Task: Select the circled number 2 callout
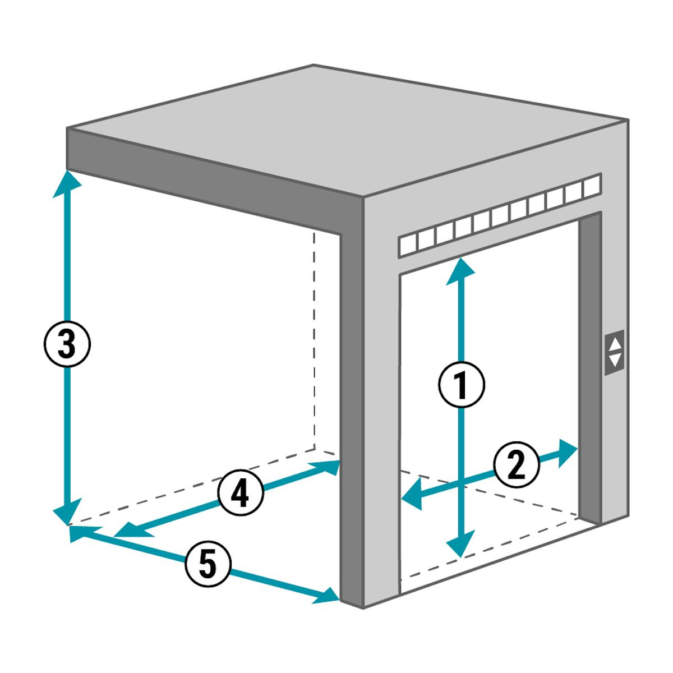point(517,465)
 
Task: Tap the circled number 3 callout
point(67,344)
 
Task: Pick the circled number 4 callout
point(241,493)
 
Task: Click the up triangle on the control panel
point(615,344)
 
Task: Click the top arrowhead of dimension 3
point(67,184)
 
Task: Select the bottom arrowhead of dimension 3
point(67,511)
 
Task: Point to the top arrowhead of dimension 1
point(460,271)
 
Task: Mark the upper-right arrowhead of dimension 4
point(325,467)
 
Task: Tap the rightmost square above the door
point(592,186)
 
